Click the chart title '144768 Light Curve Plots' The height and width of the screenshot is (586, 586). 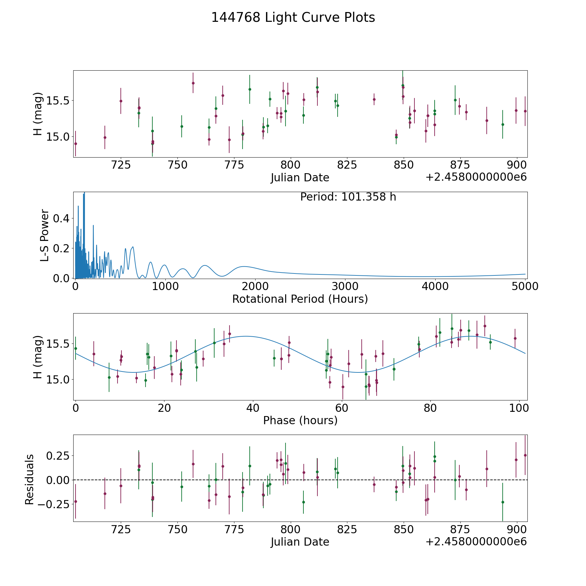293,18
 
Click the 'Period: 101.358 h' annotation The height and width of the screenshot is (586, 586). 348,197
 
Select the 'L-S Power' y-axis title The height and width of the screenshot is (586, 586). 45,235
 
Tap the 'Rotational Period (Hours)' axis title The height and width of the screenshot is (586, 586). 300,299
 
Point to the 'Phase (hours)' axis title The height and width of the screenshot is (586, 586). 300,420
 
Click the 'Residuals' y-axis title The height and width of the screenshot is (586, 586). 29,480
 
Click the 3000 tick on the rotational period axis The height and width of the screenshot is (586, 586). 345,286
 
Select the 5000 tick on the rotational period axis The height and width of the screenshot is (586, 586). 525,286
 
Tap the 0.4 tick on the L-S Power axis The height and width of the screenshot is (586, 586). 61,218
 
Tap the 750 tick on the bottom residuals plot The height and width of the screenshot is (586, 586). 177,529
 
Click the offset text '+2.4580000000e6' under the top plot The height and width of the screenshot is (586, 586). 476,177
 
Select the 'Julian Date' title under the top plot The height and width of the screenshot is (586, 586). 300,178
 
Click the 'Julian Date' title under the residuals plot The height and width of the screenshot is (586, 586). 300,542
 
